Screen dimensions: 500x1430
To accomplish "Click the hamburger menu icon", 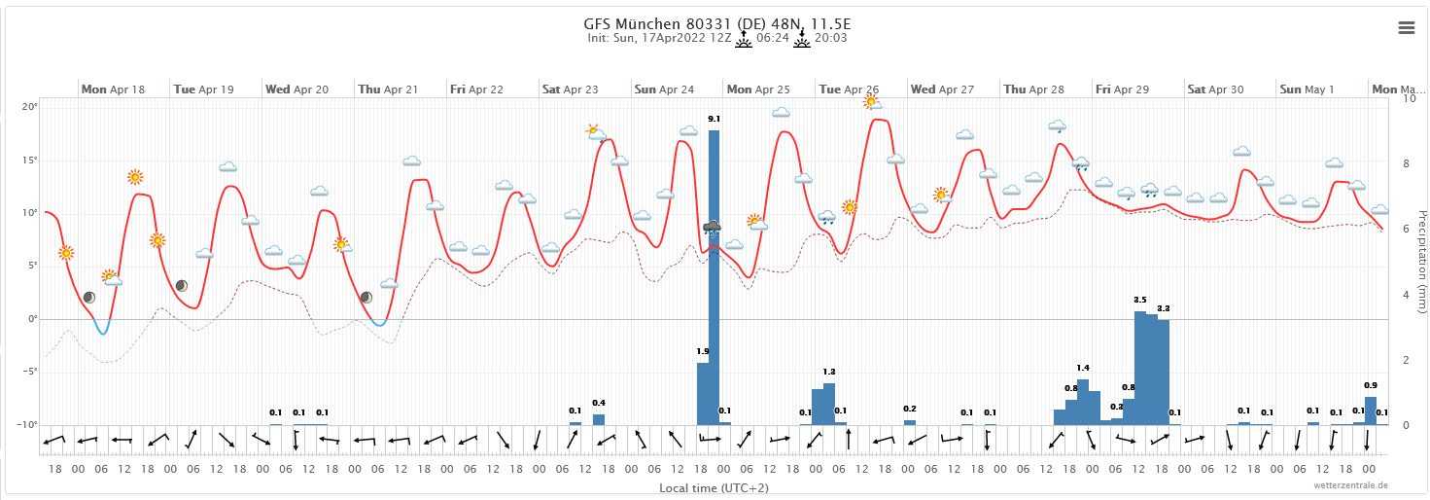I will coord(1406,28).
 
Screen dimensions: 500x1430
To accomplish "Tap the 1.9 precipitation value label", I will coord(702,351).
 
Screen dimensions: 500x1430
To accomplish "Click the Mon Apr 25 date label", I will coord(758,89).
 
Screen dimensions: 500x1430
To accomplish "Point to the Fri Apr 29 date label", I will coord(1122,89).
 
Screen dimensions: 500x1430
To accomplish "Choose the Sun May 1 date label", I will coord(1307,89).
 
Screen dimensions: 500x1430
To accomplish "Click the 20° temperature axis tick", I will coord(30,107).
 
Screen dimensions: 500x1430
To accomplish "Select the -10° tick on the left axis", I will coord(28,425).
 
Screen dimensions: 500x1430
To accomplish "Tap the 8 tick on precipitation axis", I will coord(1404,164).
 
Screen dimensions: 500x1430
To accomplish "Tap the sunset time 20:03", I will coord(830,39).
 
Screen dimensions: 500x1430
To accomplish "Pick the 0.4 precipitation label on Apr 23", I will coord(599,403).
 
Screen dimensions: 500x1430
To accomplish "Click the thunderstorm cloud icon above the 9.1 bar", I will coord(713,229).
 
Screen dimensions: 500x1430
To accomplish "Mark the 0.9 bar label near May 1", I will coord(1371,385).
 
